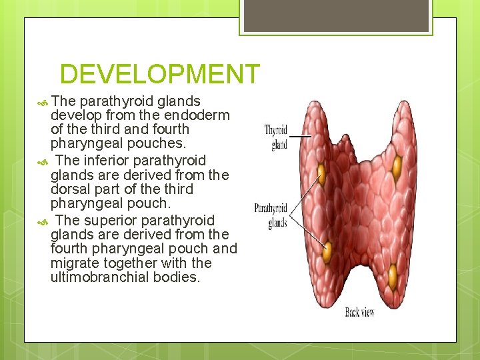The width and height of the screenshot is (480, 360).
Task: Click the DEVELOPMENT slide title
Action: tap(159, 74)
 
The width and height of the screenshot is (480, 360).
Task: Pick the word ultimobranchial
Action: tap(99, 277)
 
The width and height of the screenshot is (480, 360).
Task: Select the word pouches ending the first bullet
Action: tap(161, 144)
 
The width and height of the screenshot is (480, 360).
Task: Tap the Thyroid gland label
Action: tap(276, 137)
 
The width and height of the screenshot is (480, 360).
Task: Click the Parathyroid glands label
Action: tap(271, 215)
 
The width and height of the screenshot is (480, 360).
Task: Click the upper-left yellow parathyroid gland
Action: tap(321, 174)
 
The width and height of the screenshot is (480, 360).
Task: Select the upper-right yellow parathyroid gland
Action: tap(398, 165)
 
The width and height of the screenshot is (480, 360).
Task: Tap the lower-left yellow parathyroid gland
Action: tap(327, 251)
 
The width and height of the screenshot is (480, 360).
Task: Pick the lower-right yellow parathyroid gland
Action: tap(393, 273)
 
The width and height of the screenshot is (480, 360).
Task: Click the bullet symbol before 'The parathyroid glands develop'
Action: tap(43, 102)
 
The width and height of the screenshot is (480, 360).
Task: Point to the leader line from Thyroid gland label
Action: tap(300, 136)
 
